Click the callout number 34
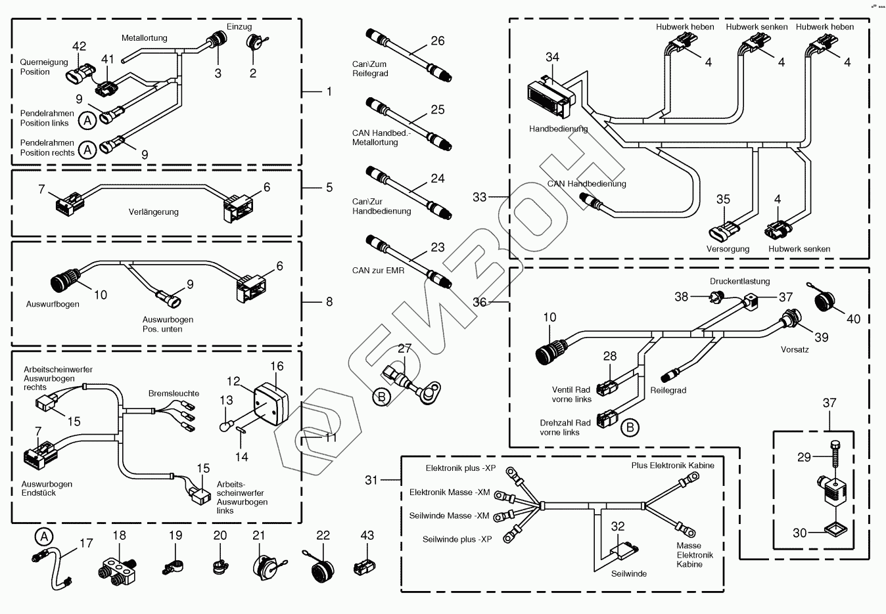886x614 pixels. coord(552,57)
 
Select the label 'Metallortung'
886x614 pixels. coord(145,38)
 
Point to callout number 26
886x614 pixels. coord(438,41)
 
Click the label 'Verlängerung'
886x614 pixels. coord(154,212)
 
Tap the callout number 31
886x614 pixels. coord(372,480)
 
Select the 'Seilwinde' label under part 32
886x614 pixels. coord(629,573)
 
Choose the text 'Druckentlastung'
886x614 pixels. coord(739,282)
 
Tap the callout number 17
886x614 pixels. coord(87,543)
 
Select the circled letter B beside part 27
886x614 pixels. coord(381,397)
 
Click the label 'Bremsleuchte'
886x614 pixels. coord(174,393)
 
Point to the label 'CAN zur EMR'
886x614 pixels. coord(378,270)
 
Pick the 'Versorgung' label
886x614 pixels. coord(728,249)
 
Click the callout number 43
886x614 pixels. coord(367,535)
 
